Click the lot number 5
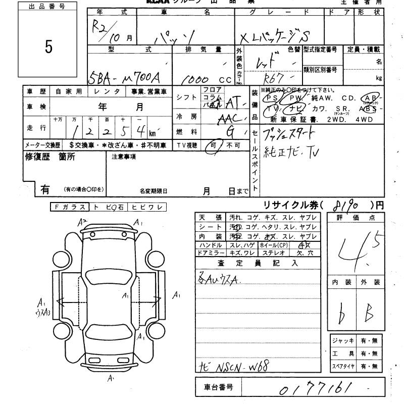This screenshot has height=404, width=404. point(48,47)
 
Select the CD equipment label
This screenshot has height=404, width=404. point(347,98)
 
